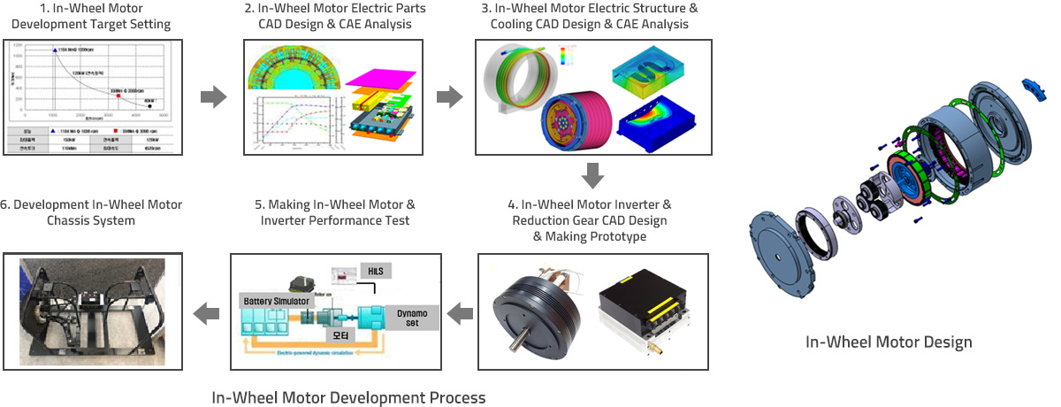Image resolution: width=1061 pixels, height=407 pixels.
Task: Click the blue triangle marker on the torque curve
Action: [x=56, y=54]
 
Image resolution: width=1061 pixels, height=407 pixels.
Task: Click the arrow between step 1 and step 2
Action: [x=213, y=96]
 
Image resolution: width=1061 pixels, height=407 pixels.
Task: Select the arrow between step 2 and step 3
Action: [x=450, y=96]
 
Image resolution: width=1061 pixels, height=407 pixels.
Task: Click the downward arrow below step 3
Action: [x=592, y=175]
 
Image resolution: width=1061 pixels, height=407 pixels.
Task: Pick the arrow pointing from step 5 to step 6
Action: [x=206, y=311]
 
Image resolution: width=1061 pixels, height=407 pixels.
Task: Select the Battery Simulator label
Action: [x=275, y=302]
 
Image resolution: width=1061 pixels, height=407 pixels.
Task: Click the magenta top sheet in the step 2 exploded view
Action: [x=379, y=81]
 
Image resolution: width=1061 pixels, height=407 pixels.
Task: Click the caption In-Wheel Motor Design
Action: [x=889, y=342]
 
